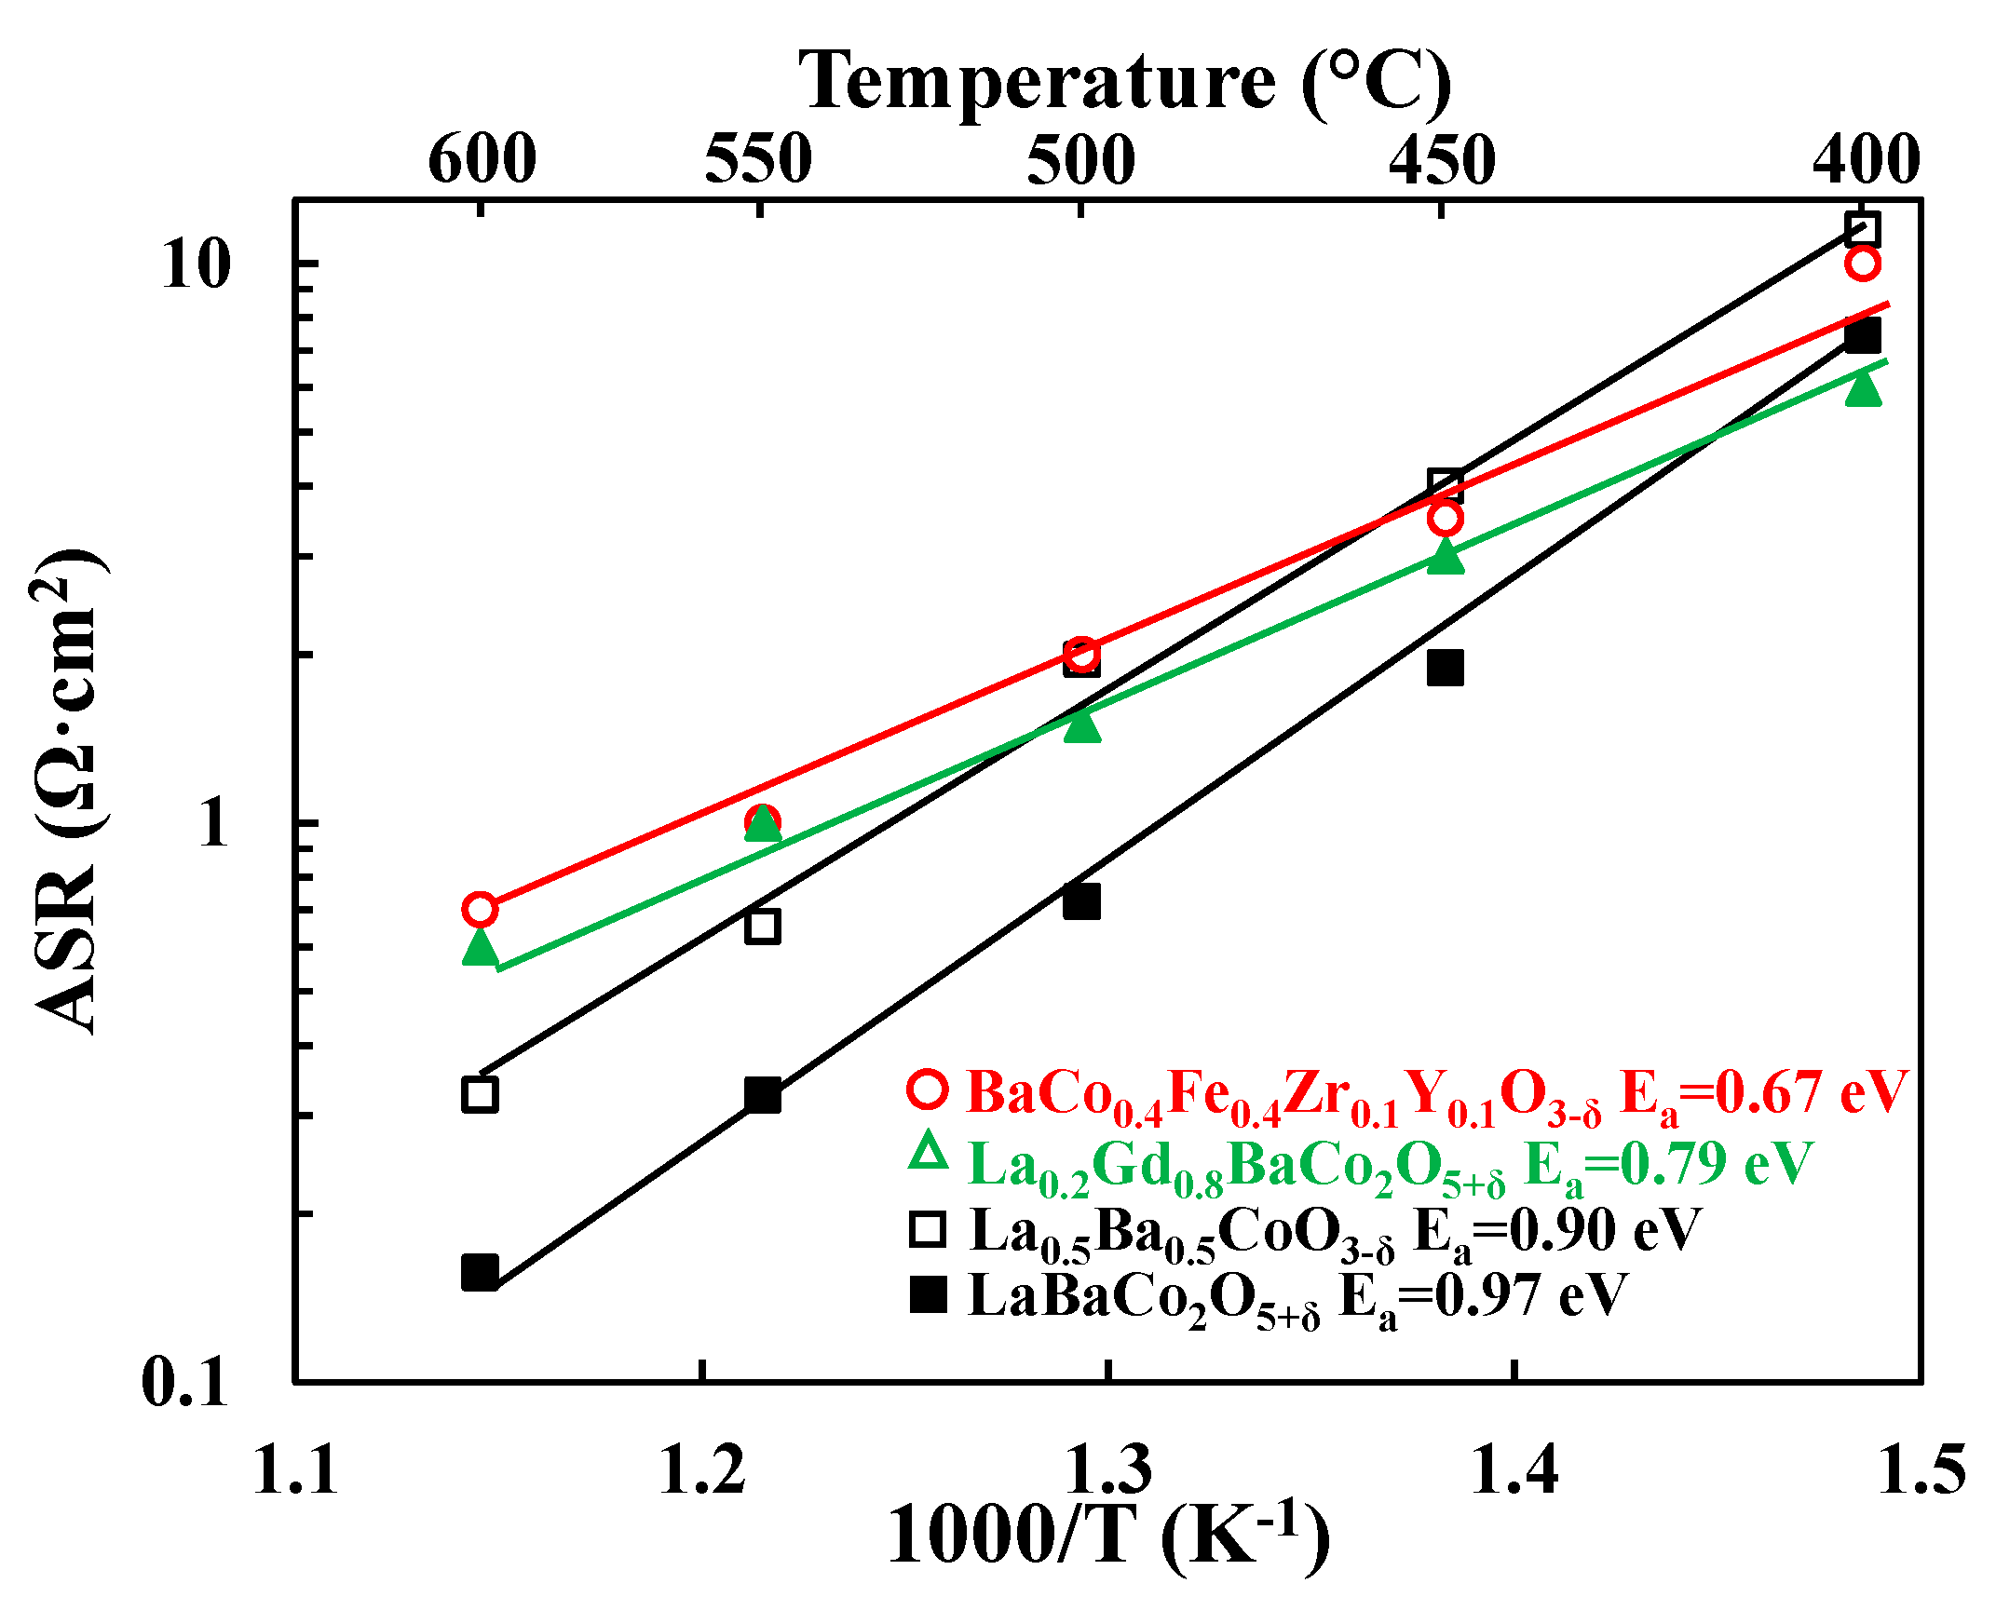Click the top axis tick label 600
(482, 159)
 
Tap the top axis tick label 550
(758, 159)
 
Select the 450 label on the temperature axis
(1442, 159)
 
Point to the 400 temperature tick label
(1866, 159)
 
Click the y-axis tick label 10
(196, 264)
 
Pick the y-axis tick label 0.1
(184, 1382)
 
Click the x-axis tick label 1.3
(1107, 1470)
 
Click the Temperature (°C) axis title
(1124, 82)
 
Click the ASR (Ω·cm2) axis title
(67, 792)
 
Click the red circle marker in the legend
(928, 1089)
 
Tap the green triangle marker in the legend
(928, 1153)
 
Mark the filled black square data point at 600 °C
(480, 1271)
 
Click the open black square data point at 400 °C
(1862, 229)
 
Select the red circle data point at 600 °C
(480, 909)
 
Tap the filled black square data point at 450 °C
(1446, 668)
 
